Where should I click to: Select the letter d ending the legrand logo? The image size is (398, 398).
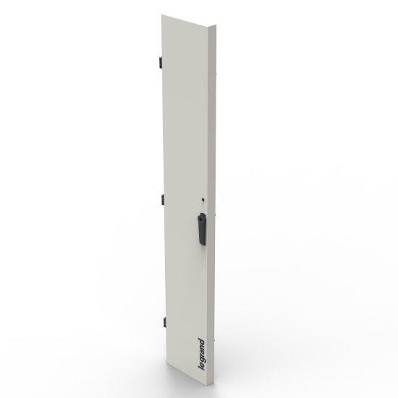tap(201, 338)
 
